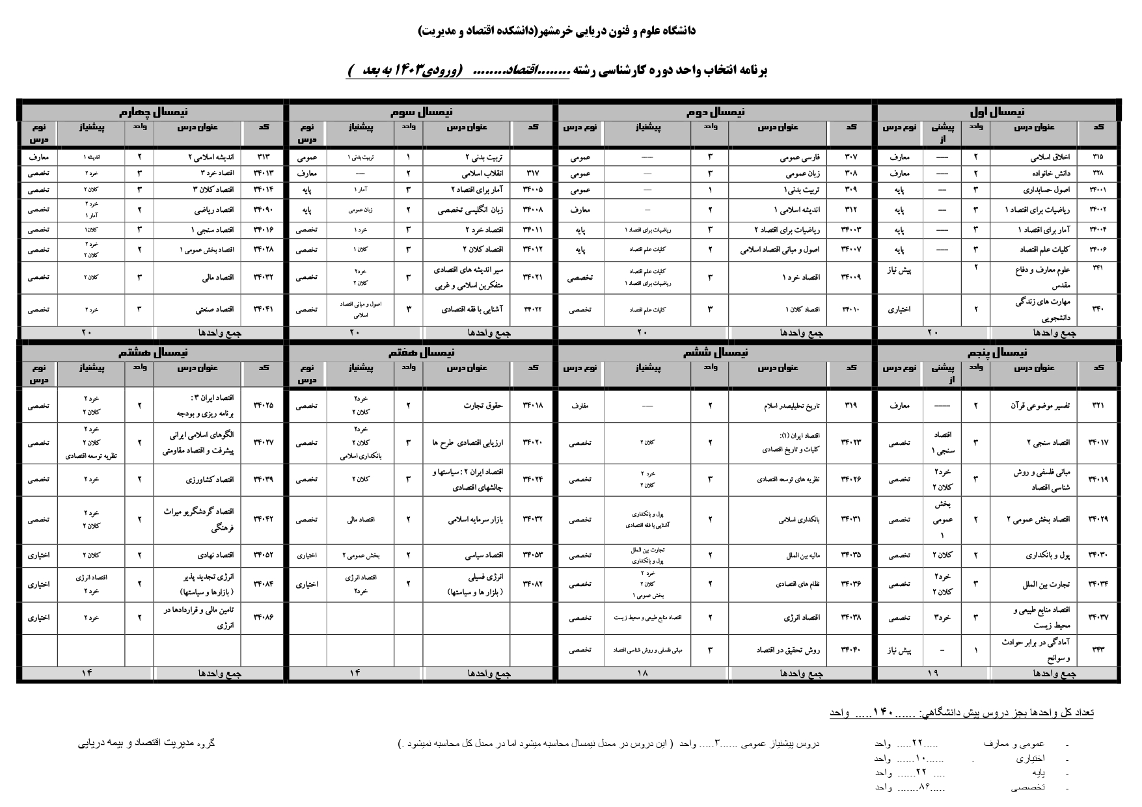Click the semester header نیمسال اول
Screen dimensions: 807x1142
point(997,112)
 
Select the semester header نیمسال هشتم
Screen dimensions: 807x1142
point(153,352)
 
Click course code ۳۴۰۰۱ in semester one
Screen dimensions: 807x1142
point(1098,190)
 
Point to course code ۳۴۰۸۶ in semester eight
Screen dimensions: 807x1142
point(263,618)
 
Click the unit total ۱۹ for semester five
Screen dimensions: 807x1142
point(932,674)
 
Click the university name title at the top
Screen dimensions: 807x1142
point(557,31)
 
